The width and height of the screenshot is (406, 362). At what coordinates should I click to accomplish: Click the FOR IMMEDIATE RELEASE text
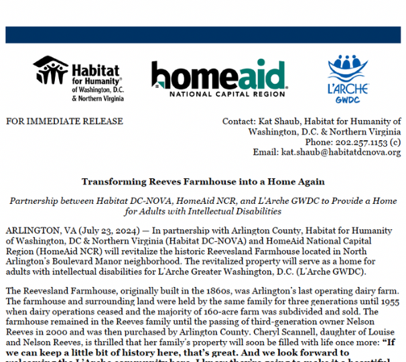pos(64,121)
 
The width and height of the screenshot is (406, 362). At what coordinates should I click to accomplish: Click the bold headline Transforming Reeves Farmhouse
pos(202,182)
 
